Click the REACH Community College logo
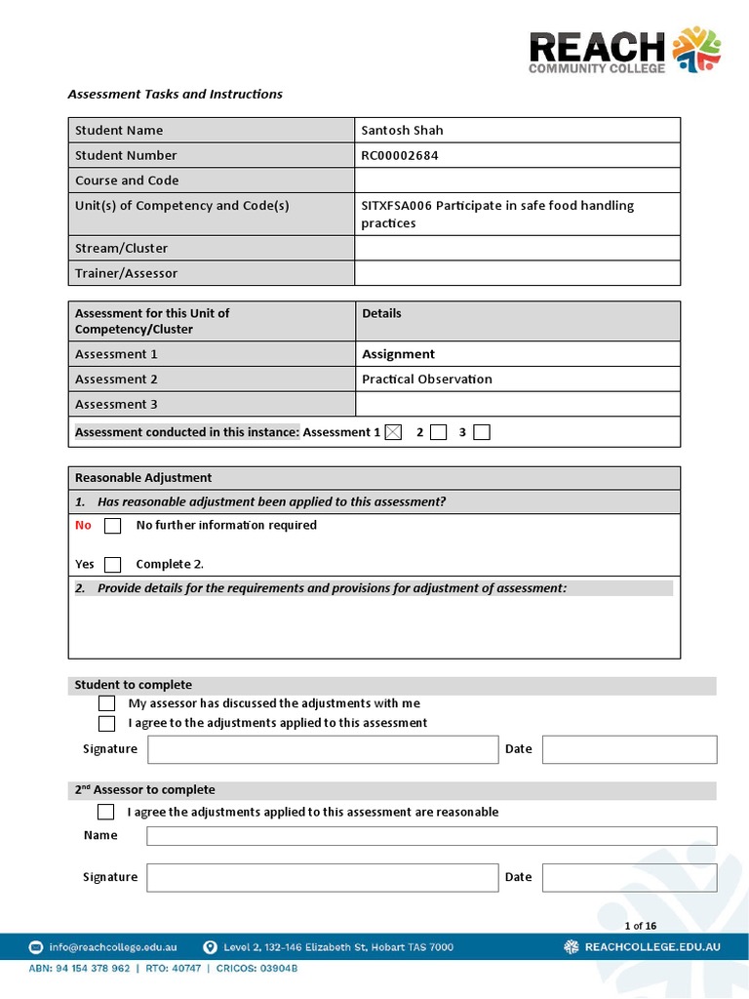pos(624,51)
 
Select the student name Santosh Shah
pos(402,131)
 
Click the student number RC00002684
pos(400,155)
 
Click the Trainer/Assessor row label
pos(127,274)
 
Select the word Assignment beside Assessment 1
pos(398,354)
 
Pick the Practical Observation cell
pos(426,380)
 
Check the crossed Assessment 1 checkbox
pos(393,432)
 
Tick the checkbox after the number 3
pos(482,432)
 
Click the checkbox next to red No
pos(113,526)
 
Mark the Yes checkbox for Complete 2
pos(113,564)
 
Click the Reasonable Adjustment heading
pos(143,478)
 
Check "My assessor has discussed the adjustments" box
pos(107,703)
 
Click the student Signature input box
pos(322,749)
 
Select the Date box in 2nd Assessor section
pos(629,877)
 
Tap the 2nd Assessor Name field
pos(431,836)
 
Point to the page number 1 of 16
pos(640,926)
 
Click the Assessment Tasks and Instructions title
pos(175,95)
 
